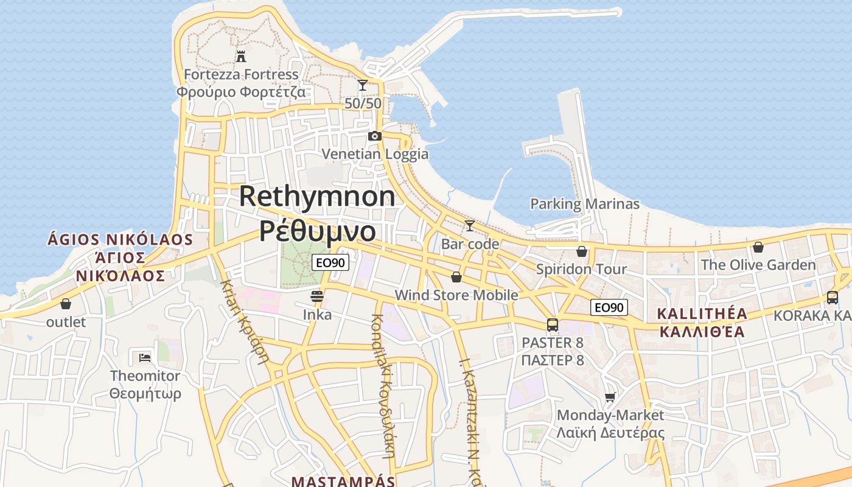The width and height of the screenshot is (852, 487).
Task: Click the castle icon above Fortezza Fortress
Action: point(241,57)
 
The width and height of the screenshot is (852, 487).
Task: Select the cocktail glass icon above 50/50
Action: point(363,85)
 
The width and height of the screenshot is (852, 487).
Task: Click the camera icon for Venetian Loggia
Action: point(375,136)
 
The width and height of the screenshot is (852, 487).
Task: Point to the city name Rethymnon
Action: point(317,197)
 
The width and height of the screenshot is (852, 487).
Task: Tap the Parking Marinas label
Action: point(585,204)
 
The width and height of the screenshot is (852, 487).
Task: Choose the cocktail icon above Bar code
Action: point(470,226)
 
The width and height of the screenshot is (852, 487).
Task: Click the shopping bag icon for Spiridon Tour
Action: point(582,251)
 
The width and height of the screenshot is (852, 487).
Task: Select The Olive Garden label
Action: point(758,265)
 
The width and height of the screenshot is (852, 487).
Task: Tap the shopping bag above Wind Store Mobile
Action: point(456,277)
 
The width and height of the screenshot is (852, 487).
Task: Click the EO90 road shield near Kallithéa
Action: point(609,307)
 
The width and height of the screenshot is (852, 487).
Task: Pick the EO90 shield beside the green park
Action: point(330,263)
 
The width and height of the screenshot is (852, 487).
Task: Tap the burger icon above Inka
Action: point(316,296)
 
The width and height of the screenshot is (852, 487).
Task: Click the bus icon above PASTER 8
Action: point(553,325)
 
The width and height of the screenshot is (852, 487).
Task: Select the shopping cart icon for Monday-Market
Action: point(610,397)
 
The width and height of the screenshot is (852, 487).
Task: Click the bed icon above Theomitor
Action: point(145,357)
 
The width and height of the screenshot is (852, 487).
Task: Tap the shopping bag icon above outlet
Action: point(66,304)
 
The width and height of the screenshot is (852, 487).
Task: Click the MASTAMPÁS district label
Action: point(343,481)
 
